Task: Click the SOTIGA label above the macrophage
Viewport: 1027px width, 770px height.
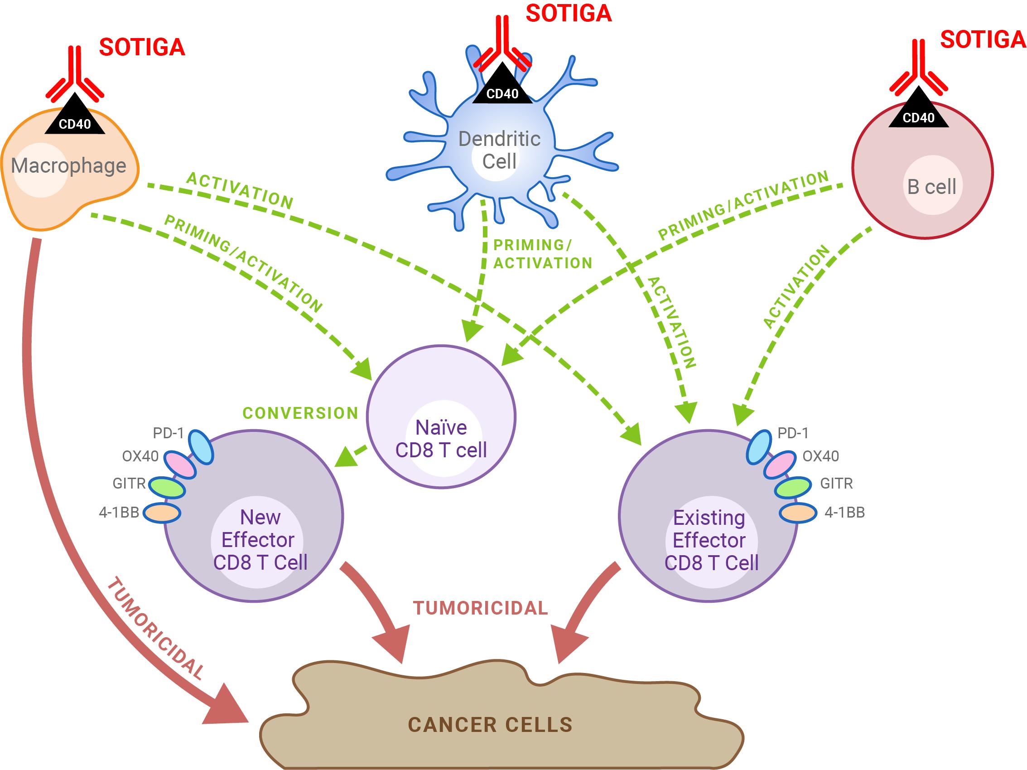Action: tap(142, 48)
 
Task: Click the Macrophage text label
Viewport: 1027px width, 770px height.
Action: tap(69, 166)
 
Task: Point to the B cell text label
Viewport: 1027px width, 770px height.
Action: tap(931, 187)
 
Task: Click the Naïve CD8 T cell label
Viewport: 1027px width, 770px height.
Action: tap(441, 438)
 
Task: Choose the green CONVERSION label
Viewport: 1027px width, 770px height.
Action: tap(300, 413)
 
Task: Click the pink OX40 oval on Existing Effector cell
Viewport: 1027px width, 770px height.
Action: tap(780, 465)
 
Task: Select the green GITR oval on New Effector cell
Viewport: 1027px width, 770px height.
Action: tap(166, 487)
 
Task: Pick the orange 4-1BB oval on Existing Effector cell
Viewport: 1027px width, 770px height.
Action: tap(798, 513)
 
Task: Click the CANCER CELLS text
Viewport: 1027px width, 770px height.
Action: tap(490, 725)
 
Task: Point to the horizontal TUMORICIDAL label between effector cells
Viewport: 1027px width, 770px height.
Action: tap(481, 608)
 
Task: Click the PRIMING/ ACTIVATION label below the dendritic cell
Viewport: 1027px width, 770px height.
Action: tap(542, 254)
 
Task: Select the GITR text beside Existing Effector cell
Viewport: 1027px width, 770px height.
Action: tap(837, 484)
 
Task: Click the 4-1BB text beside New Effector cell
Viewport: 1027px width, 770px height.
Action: tap(119, 512)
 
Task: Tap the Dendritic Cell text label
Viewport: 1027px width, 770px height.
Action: tap(499, 150)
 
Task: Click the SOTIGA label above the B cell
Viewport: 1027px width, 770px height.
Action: tap(983, 40)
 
